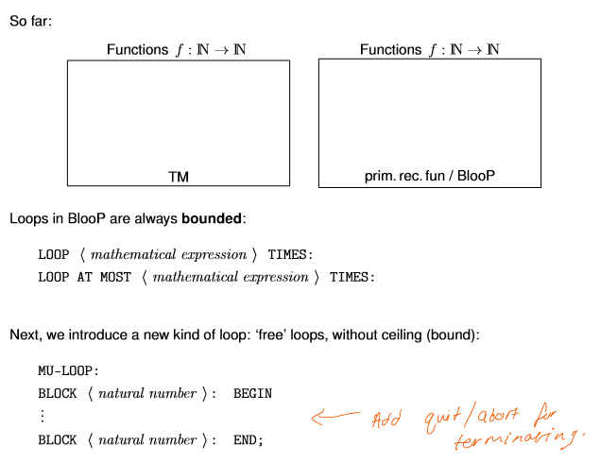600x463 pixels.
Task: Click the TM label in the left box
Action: pyautogui.click(x=179, y=176)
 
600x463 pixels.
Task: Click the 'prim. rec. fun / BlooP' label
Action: pyautogui.click(x=430, y=176)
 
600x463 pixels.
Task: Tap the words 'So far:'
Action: pyautogui.click(x=31, y=20)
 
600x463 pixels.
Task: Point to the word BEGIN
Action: pyautogui.click(x=252, y=393)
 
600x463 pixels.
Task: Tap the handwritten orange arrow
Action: pyautogui.click(x=335, y=414)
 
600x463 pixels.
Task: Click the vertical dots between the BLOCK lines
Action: pyautogui.click(x=42, y=416)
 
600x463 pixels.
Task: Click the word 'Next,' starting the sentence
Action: pyautogui.click(x=26, y=334)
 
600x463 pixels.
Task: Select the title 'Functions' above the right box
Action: pyautogui.click(x=389, y=49)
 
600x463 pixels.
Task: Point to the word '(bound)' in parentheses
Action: pyautogui.click(x=453, y=334)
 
